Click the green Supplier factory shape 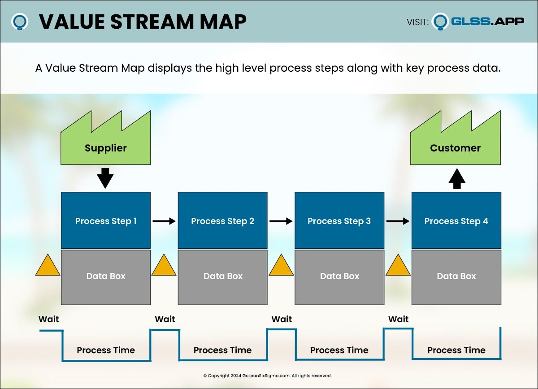click(x=106, y=143)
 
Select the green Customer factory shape click(x=456, y=143)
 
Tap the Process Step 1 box click(x=106, y=220)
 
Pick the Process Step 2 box click(x=223, y=220)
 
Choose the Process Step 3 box click(x=339, y=220)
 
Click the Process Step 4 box click(x=456, y=220)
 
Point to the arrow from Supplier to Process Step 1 click(x=106, y=178)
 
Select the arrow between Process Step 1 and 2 click(x=164, y=221)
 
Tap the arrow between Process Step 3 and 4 click(x=398, y=221)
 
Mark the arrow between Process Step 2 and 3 click(x=281, y=221)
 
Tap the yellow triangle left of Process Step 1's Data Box click(x=48, y=266)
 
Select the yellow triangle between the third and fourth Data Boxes click(x=398, y=266)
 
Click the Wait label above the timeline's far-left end click(x=48, y=320)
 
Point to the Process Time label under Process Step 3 click(x=339, y=350)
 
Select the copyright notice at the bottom click(x=267, y=376)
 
